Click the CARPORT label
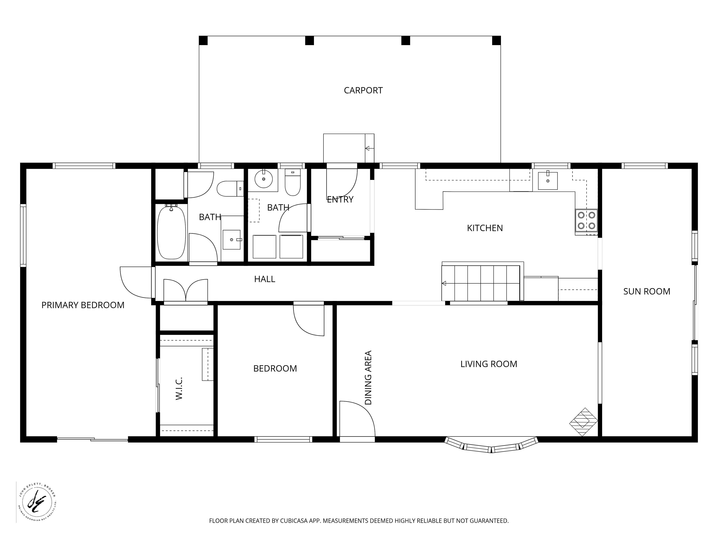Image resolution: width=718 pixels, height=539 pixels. tap(363, 90)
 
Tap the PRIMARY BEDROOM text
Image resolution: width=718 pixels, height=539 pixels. tap(83, 305)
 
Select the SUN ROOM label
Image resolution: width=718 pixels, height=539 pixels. tap(647, 291)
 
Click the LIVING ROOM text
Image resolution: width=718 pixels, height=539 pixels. tap(489, 364)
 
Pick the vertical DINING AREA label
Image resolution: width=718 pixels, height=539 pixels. tap(368, 377)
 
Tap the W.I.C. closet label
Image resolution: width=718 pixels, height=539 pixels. tap(179, 388)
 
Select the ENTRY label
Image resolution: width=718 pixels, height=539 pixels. tap(340, 200)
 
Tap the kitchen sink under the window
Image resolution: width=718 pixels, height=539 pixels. tap(548, 181)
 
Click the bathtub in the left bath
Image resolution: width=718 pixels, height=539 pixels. tap(171, 231)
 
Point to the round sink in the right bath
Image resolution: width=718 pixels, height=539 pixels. tap(263, 179)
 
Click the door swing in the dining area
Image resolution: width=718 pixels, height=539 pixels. tap(357, 419)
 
